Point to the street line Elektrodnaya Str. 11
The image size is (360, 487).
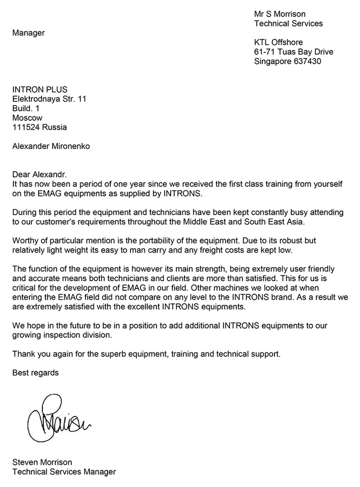pyautogui.click(x=49, y=99)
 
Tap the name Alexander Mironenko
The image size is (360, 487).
pyautogui.click(x=51, y=146)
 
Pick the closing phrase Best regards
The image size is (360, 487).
pyautogui.click(x=36, y=373)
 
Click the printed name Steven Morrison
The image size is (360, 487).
pyautogui.click(x=42, y=462)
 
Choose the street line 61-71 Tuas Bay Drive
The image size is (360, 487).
pyautogui.click(x=294, y=52)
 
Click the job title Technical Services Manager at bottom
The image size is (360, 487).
pyautogui.click(x=64, y=472)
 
